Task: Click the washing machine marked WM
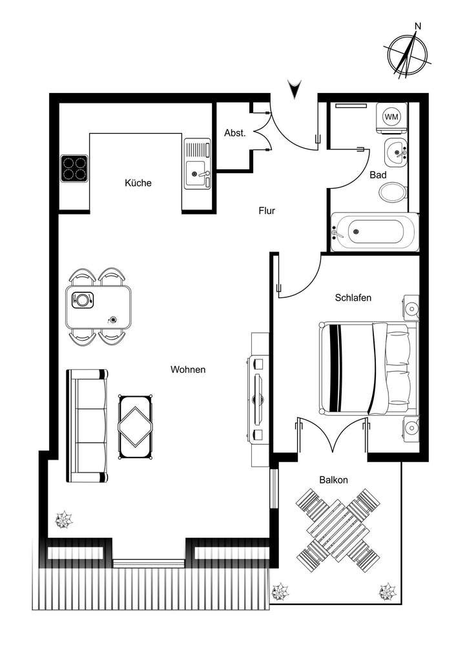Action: tap(391, 117)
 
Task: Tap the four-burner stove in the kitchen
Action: tap(74, 168)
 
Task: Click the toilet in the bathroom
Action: tap(393, 191)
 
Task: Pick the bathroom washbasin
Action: tap(395, 153)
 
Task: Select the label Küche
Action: tap(138, 183)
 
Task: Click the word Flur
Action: tap(267, 210)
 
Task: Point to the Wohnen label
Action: tap(188, 370)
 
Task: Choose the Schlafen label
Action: tap(353, 298)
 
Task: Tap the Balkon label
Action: tap(334, 480)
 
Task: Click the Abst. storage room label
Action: tap(234, 133)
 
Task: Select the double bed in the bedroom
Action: tap(366, 368)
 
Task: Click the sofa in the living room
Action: tap(87, 426)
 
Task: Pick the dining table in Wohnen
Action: tap(99, 307)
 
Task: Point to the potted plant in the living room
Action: tap(64, 518)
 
